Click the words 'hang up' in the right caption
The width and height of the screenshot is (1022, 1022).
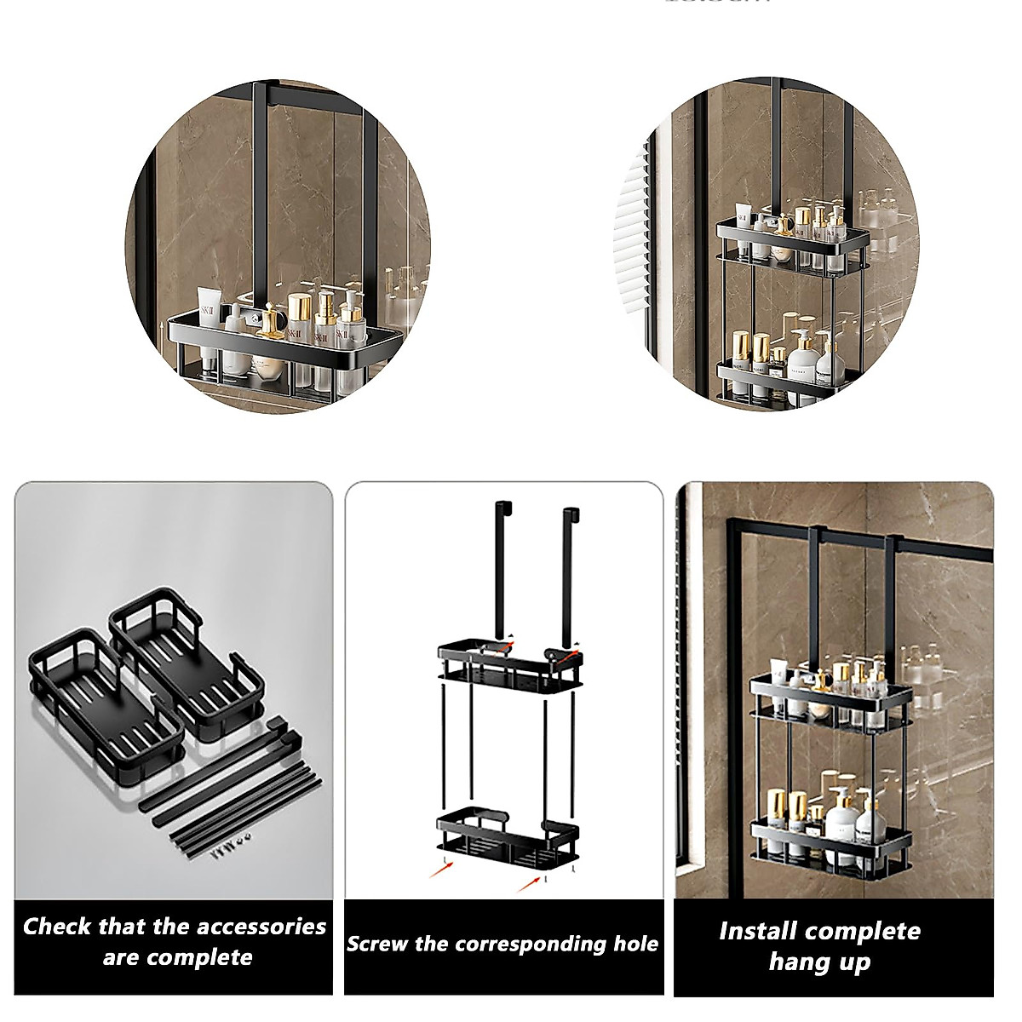[x=819, y=962]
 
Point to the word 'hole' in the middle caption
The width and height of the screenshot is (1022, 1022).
[x=635, y=944]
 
